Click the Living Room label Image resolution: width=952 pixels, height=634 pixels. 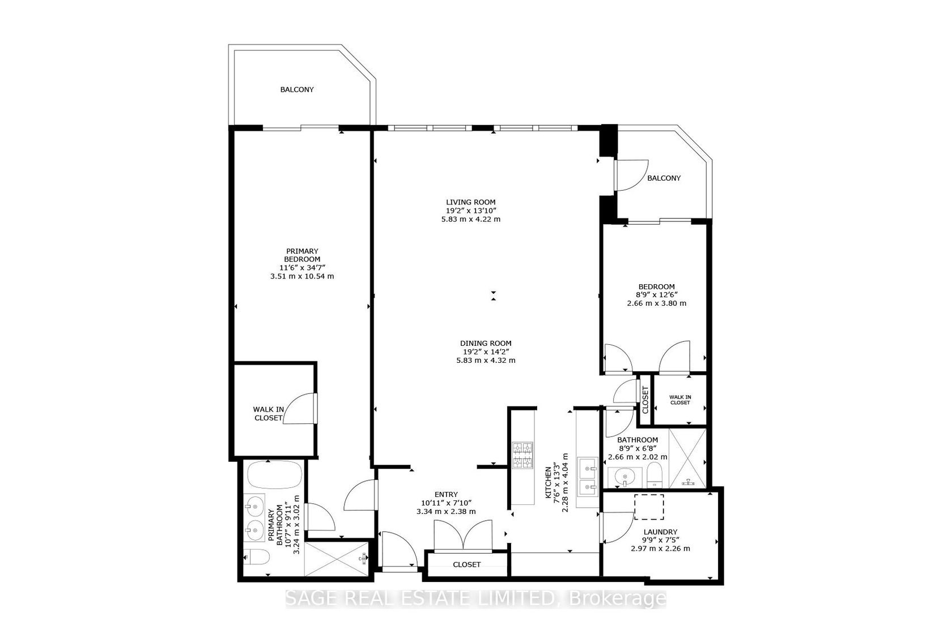(x=470, y=202)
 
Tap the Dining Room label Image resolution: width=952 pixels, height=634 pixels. (x=485, y=343)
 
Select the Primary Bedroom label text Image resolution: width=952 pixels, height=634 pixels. (x=302, y=255)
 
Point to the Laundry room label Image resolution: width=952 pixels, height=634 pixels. (x=660, y=532)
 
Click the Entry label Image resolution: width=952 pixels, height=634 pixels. (x=447, y=494)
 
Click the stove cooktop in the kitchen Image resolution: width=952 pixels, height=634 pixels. (x=522, y=455)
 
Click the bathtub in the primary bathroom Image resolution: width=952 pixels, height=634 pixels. (x=275, y=475)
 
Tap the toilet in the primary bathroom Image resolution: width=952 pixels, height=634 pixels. (x=257, y=556)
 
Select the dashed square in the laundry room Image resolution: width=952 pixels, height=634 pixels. (x=649, y=507)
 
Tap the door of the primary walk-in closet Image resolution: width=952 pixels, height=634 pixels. (x=300, y=408)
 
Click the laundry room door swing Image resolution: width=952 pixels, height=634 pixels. (x=617, y=528)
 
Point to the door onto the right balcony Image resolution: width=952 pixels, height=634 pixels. (x=631, y=175)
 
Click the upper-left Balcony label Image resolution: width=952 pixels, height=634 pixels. (x=297, y=89)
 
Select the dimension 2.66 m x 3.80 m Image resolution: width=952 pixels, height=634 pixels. (x=657, y=303)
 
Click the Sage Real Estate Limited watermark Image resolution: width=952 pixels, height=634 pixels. (x=475, y=599)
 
